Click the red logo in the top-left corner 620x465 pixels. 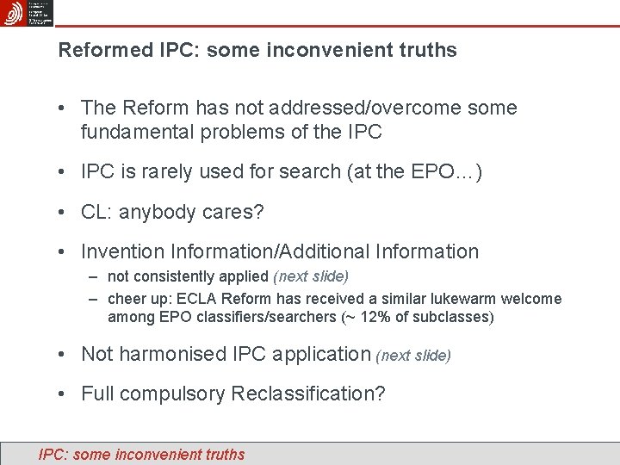coord(13,13)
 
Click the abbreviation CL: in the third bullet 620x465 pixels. coord(97,212)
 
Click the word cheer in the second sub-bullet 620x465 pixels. coord(127,299)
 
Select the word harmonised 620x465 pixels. coord(173,354)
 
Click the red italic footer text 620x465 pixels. coord(142,455)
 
